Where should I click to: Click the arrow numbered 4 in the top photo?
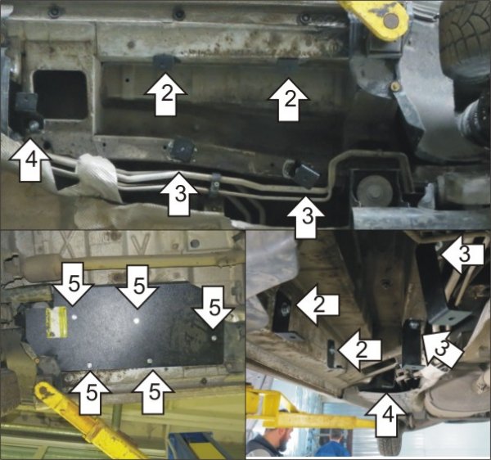point(29,160)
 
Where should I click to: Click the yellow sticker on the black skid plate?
point(56,322)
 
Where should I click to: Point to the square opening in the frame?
point(60,95)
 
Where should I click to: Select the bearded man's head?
point(279,435)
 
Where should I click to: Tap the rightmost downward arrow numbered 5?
point(214,307)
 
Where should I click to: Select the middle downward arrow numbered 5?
point(137,286)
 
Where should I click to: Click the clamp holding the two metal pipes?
point(214,183)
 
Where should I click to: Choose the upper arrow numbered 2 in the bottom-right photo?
point(318,304)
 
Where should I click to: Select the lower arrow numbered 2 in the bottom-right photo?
point(360,350)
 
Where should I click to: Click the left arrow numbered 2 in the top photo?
point(165,94)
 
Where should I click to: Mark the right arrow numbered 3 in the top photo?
point(306,217)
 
